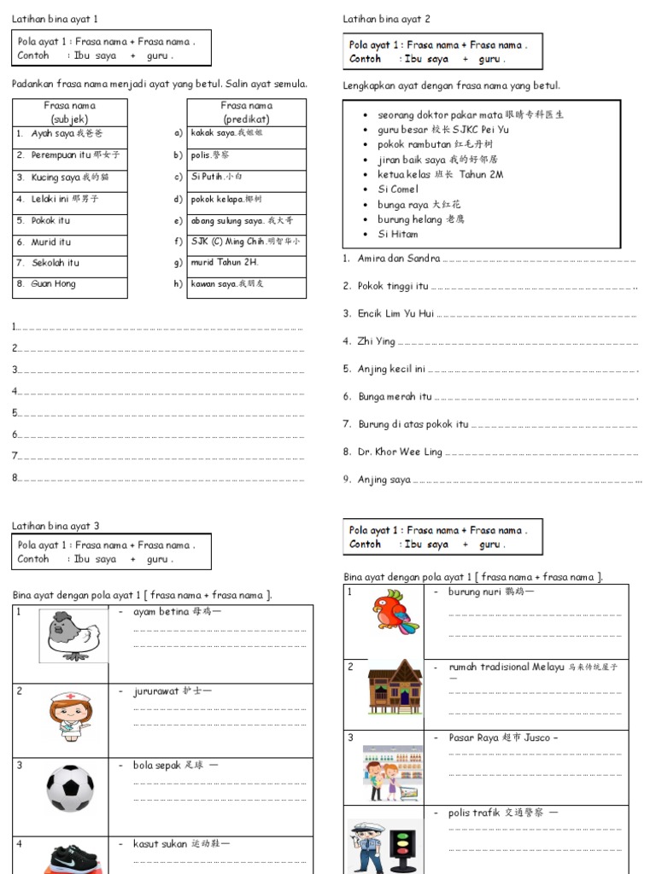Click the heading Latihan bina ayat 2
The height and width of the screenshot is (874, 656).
click(386, 19)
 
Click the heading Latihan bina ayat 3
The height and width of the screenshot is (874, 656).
click(56, 527)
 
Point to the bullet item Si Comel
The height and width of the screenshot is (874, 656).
click(398, 189)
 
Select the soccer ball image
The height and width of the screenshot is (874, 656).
click(69, 789)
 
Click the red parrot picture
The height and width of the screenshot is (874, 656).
click(394, 613)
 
